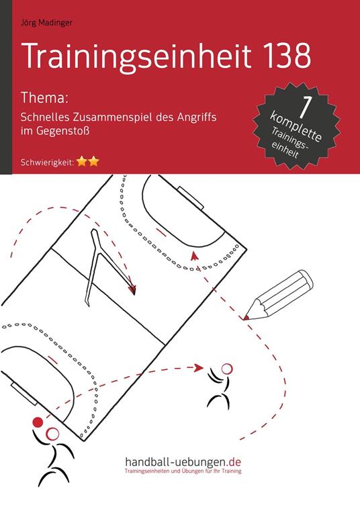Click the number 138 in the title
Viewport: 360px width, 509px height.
click(x=277, y=56)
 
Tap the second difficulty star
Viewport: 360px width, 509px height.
click(x=95, y=161)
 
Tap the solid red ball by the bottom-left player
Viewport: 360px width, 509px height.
click(x=38, y=422)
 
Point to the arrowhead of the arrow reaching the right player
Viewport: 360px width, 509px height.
click(x=199, y=367)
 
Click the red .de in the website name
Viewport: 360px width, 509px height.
click(x=234, y=463)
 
